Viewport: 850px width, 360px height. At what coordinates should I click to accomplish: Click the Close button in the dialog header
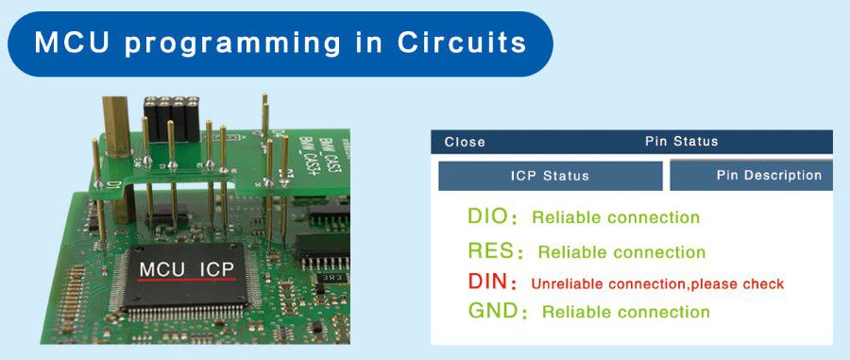tap(465, 142)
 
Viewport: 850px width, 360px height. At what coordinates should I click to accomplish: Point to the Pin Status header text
tap(681, 142)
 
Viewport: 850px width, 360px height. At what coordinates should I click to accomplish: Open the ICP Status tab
tap(550, 176)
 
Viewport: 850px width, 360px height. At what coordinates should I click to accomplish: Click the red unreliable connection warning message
tap(657, 283)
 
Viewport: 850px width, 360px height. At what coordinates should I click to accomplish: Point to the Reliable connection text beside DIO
tap(616, 217)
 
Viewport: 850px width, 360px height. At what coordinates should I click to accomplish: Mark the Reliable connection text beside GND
tap(625, 312)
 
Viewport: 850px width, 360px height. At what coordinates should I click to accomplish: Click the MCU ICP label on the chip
tap(186, 269)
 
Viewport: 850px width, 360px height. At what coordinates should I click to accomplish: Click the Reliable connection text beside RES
tap(621, 252)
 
